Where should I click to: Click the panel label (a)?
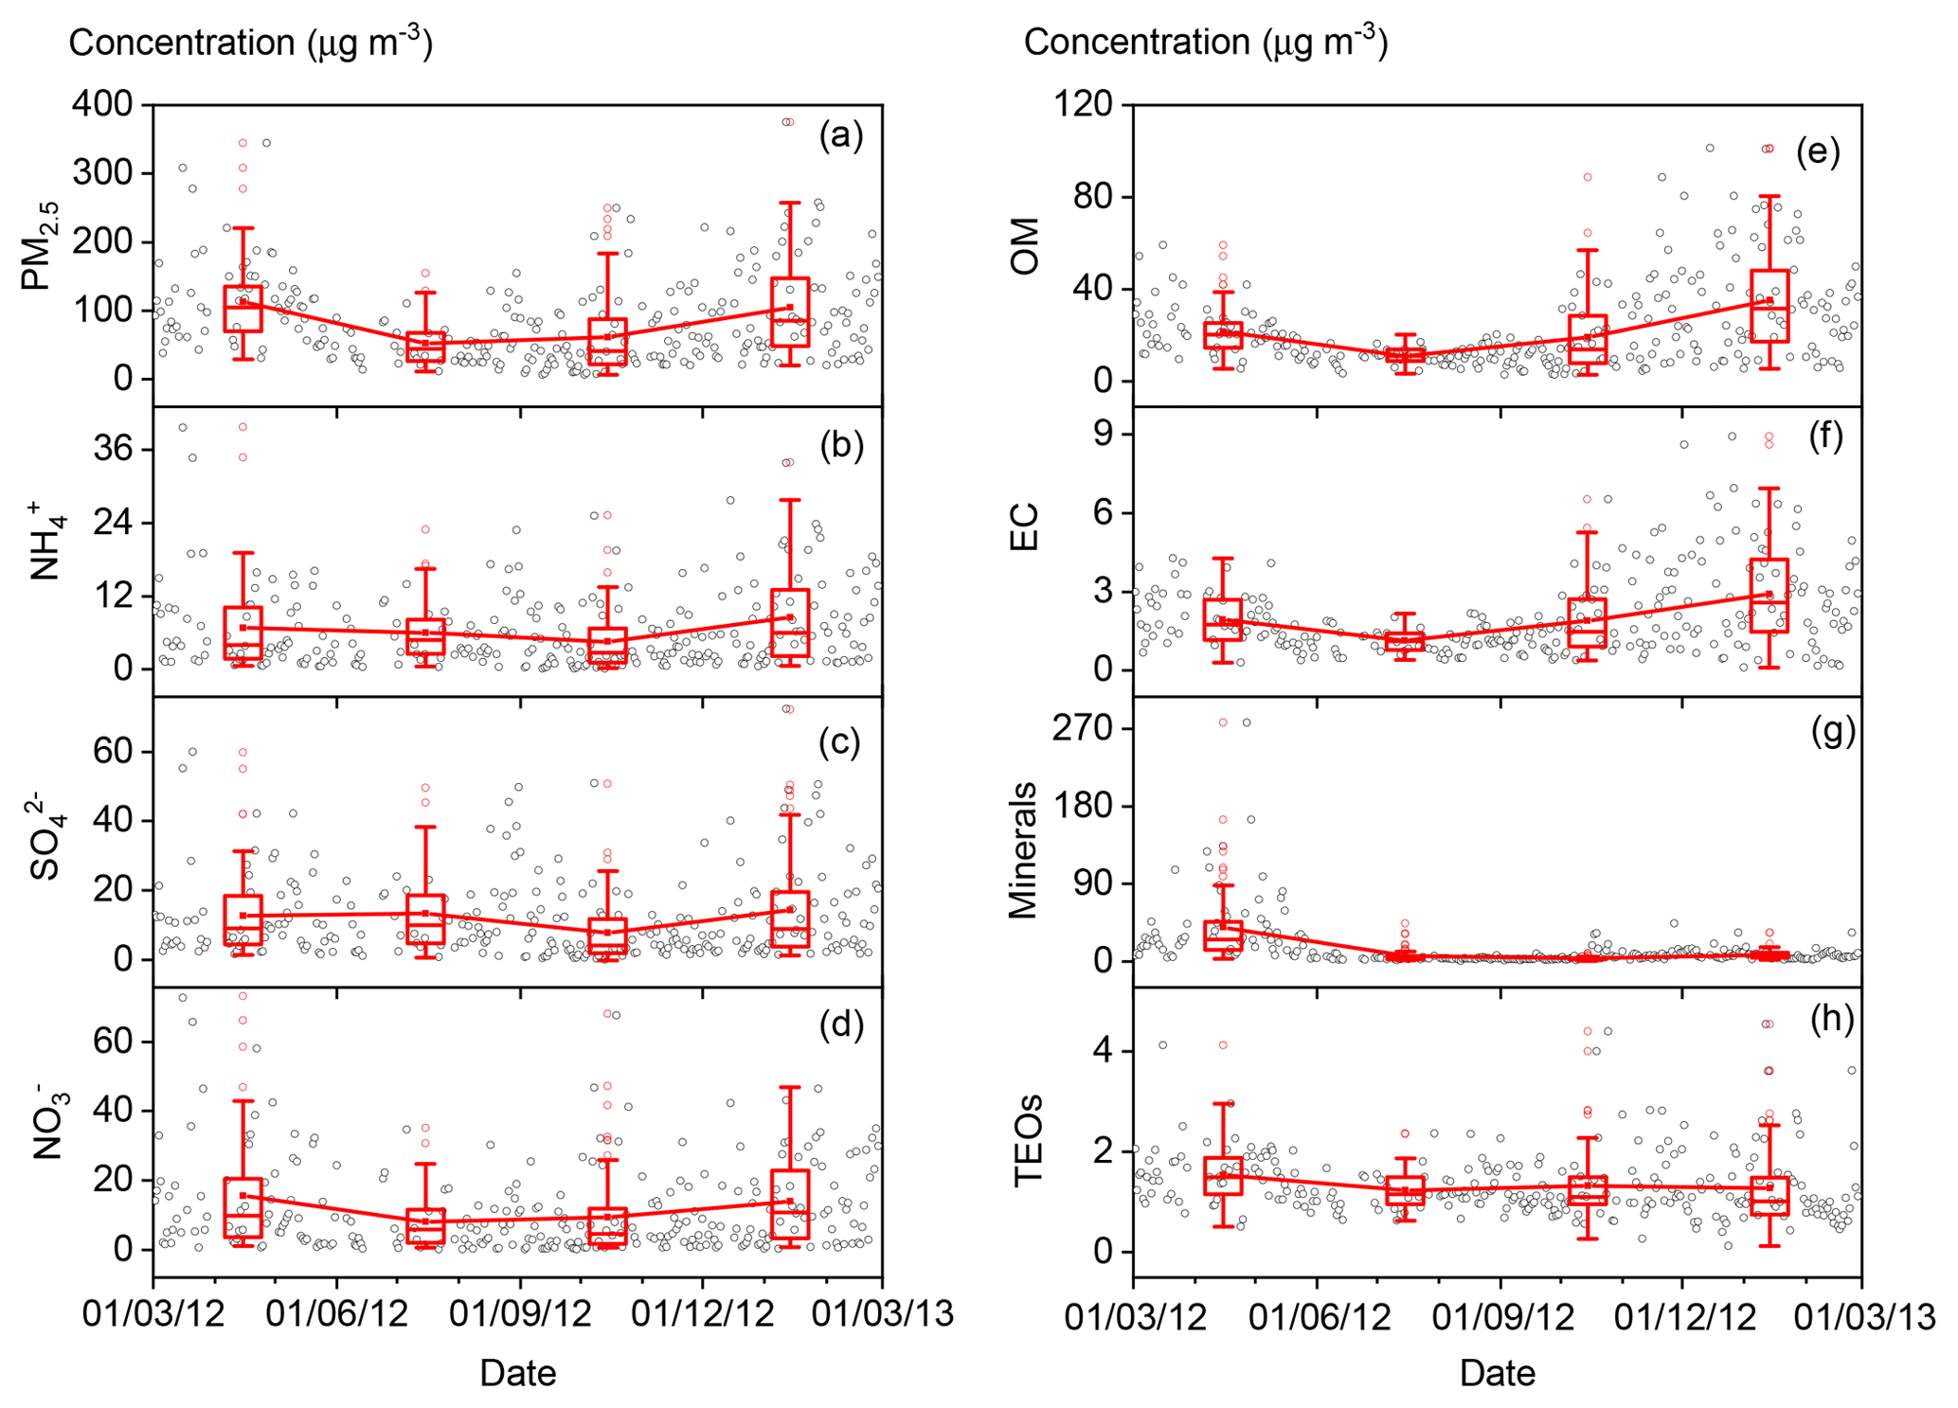[x=840, y=136]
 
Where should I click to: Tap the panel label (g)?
[x=1832, y=732]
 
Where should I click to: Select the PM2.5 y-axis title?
[x=42, y=244]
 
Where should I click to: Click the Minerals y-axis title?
[x=1024, y=850]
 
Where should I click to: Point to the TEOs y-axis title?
[x=1028, y=1140]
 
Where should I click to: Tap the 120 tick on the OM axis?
[x=1087, y=104]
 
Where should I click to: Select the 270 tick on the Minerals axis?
[x=1087, y=728]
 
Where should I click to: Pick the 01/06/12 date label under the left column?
[x=337, y=1316]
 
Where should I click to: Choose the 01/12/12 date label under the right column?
[x=1682, y=1316]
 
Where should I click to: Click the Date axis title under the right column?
[x=1497, y=1373]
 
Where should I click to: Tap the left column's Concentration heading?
[x=251, y=44]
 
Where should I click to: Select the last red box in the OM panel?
[x=1769, y=306]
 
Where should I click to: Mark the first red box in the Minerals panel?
[x=1223, y=936]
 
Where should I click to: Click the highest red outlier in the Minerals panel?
[x=1223, y=722]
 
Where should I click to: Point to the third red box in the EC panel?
[x=1588, y=622]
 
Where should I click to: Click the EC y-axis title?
[x=1025, y=527]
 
